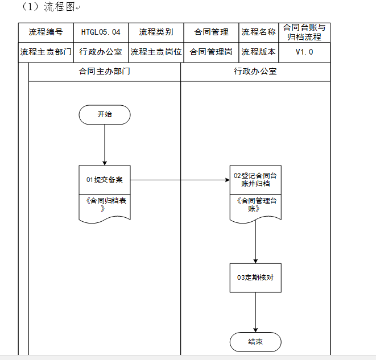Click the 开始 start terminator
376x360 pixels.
[x=105, y=114]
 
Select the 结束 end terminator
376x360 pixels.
[x=255, y=342]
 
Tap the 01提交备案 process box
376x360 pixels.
[x=105, y=180]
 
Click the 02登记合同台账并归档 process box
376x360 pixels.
[x=255, y=180]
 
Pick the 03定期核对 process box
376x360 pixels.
[x=255, y=278]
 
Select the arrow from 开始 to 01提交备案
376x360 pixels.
[x=105, y=145]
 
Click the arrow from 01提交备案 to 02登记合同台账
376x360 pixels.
[x=180, y=180]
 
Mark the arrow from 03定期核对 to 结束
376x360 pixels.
[x=255, y=312]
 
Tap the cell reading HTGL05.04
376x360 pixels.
[x=101, y=32]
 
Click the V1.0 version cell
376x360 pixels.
[x=304, y=52]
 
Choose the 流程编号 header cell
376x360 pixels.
[x=46, y=32]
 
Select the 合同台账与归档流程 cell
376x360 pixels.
[x=304, y=32]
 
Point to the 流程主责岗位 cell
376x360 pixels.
[x=156, y=52]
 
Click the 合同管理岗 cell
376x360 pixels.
[x=211, y=52]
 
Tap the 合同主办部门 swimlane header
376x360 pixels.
[x=105, y=72]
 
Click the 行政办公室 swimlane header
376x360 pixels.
[x=255, y=72]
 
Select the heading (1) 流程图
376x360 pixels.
[x=48, y=7]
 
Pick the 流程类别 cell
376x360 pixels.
[x=156, y=32]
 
